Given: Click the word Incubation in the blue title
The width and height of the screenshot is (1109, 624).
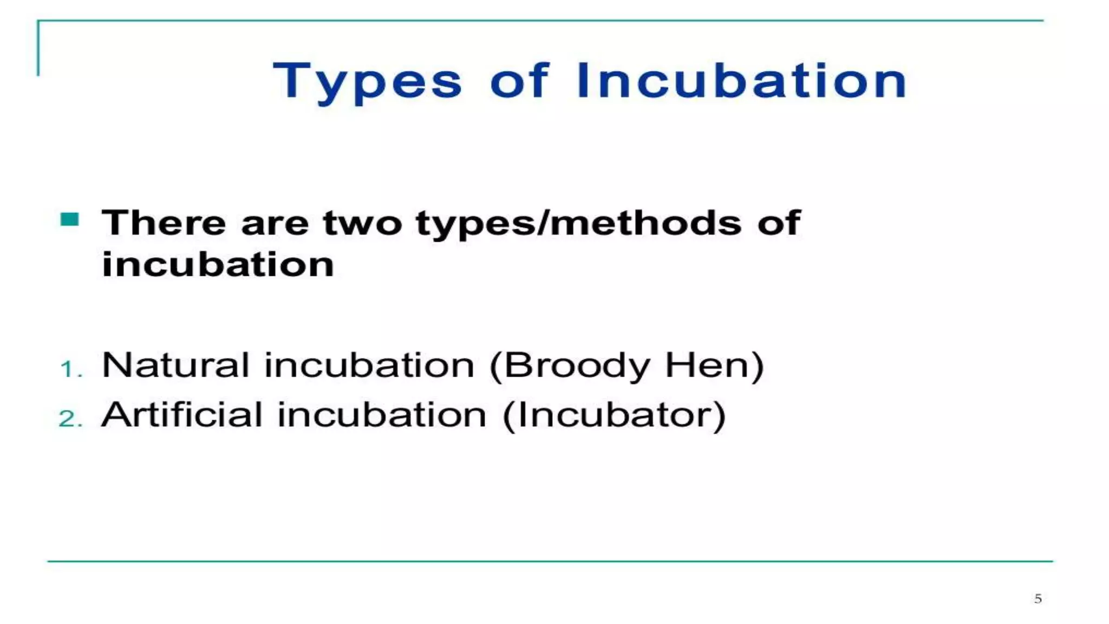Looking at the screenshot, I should click(741, 81).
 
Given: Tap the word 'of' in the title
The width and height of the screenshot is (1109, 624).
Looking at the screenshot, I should click(519, 81).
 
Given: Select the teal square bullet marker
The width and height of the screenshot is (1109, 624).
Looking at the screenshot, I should click(70, 219).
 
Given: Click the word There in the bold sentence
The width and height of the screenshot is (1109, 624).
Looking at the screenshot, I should click(164, 223).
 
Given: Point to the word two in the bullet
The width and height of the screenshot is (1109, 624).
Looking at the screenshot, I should click(362, 223).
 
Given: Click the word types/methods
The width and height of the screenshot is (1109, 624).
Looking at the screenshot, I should click(578, 224).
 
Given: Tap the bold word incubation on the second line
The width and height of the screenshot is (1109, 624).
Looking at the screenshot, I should click(218, 265).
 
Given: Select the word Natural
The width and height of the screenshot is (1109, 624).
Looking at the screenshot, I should click(175, 365).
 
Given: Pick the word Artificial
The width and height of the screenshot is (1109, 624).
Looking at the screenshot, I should click(181, 415).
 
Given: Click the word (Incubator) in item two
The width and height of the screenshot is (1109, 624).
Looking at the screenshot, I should click(614, 415).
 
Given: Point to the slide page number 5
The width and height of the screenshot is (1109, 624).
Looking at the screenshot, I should click(1038, 599).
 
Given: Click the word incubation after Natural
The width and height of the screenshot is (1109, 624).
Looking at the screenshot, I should click(369, 365).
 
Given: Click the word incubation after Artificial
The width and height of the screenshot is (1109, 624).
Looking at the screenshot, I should click(382, 415).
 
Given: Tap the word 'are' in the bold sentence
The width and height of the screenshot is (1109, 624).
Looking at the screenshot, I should click(275, 224).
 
